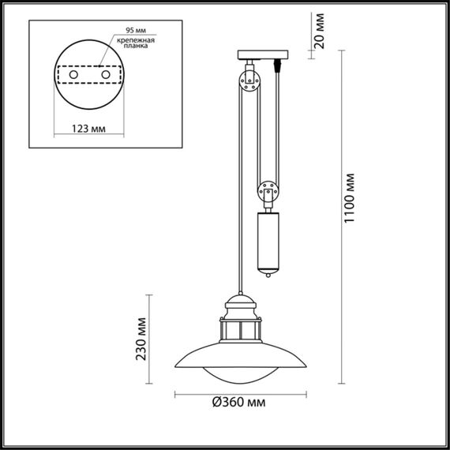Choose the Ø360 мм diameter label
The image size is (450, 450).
click(237, 403)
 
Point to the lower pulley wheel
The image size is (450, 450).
click(266, 190)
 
